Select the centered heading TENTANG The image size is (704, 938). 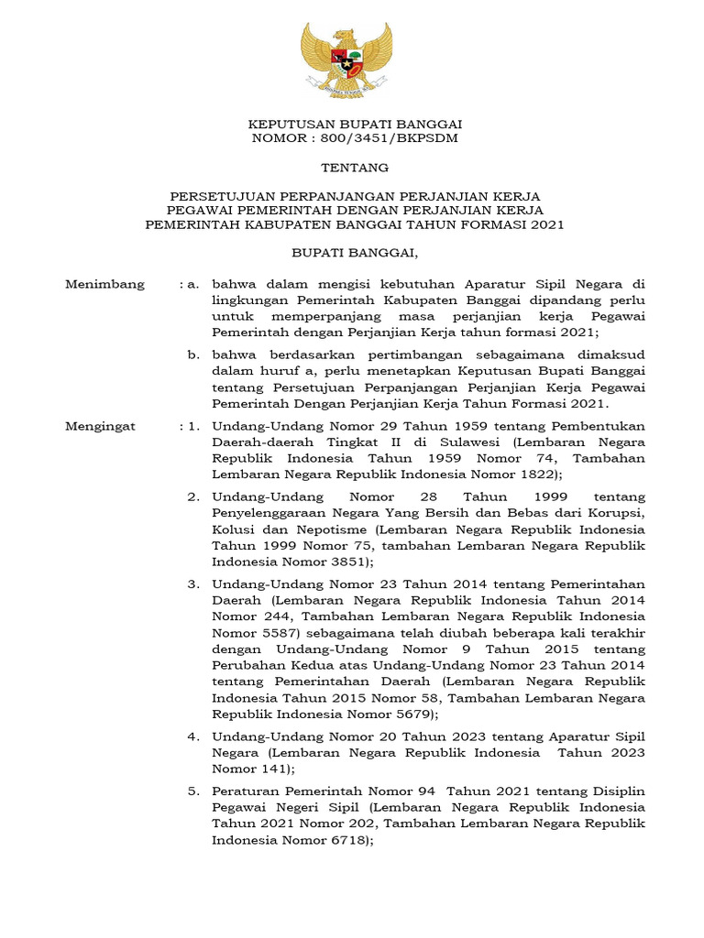354,168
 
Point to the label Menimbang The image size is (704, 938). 104,284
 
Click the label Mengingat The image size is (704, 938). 101,426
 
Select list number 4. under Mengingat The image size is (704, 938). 193,736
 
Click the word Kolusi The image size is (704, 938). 233,529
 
